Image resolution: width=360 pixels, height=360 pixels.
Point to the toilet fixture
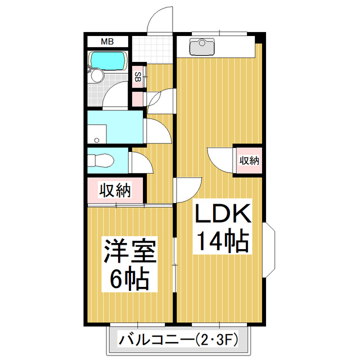pyautogui.click(x=102, y=160)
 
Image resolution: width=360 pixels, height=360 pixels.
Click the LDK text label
pyautogui.click(x=223, y=215)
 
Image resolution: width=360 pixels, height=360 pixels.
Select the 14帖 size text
pyautogui.click(x=222, y=242)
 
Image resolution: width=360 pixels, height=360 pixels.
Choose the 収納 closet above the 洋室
pyautogui.click(x=115, y=191)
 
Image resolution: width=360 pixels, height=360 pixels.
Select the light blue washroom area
pyautogui.click(x=116, y=127)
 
